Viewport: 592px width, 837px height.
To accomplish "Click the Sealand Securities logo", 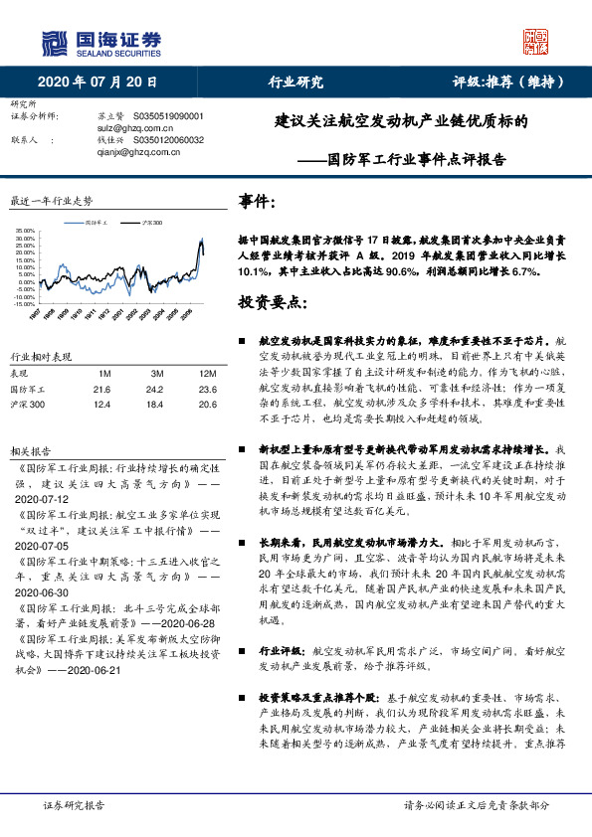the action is click(100, 42).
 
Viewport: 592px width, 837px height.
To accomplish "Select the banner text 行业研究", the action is click(296, 82).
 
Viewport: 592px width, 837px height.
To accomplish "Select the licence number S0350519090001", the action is click(167, 116).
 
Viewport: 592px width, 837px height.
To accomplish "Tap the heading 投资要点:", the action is click(272, 301).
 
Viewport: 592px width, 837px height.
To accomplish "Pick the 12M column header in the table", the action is click(208, 373).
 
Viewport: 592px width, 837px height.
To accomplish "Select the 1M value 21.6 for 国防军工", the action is click(100, 389).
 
